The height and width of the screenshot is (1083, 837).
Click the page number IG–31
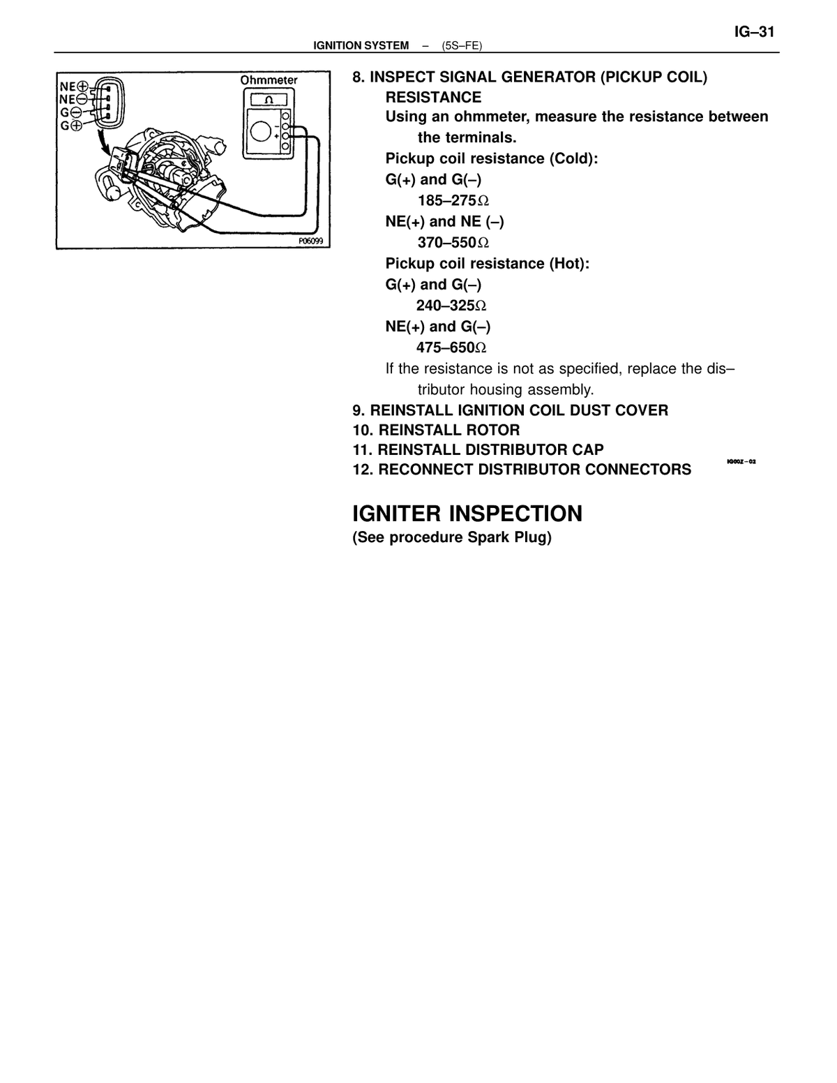pyautogui.click(x=754, y=32)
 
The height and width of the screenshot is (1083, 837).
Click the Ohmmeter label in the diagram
pyautogui.click(x=269, y=80)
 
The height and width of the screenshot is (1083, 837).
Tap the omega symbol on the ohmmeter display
pyautogui.click(x=269, y=100)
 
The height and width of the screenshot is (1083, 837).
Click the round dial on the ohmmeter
pyautogui.click(x=260, y=131)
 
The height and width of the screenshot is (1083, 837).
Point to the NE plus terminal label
pyautogui.click(x=74, y=87)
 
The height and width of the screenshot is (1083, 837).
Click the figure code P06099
pyautogui.click(x=310, y=241)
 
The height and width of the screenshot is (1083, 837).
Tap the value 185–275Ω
pyautogui.click(x=453, y=200)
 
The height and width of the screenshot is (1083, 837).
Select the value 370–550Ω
pyautogui.click(x=453, y=243)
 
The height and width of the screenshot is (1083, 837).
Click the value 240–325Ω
pyautogui.click(x=451, y=305)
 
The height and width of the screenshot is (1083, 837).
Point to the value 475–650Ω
pyautogui.click(x=451, y=348)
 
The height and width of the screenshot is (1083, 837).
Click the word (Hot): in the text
pyautogui.click(x=569, y=264)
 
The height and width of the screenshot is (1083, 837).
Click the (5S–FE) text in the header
pyautogui.click(x=462, y=46)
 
